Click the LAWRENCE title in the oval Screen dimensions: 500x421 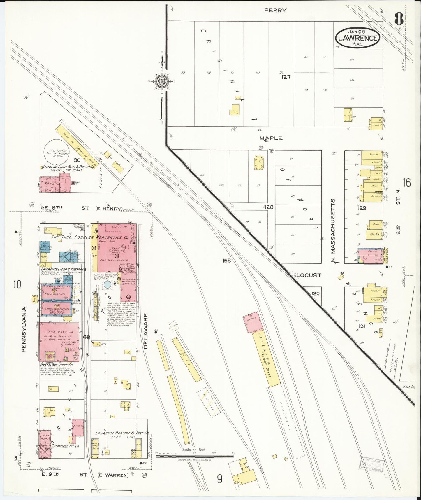358,38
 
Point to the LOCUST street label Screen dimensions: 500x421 309,275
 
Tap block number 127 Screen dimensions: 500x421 286,77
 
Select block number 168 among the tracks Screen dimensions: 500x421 226,261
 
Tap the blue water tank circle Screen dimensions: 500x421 107,285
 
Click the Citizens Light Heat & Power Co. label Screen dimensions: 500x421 68,167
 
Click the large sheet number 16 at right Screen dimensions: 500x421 407,183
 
